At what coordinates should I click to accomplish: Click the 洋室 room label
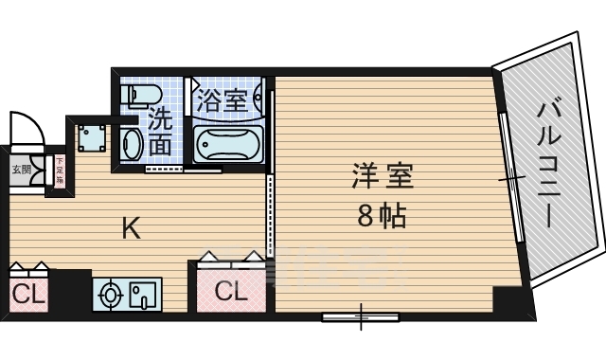point(383,177)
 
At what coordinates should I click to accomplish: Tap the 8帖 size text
point(383,217)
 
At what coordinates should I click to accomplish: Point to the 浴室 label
point(223,99)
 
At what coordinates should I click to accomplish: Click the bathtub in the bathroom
point(227,144)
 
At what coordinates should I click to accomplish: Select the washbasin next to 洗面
point(133,144)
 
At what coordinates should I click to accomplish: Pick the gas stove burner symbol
point(111,296)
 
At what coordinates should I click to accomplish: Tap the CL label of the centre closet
point(230,292)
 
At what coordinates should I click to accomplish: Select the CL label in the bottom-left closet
point(27,295)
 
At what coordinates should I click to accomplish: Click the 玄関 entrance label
point(20,171)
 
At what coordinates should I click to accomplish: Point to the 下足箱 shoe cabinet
point(59,172)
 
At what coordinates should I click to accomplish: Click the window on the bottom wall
point(359,316)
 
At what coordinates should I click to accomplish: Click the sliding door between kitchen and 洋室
point(270,213)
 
